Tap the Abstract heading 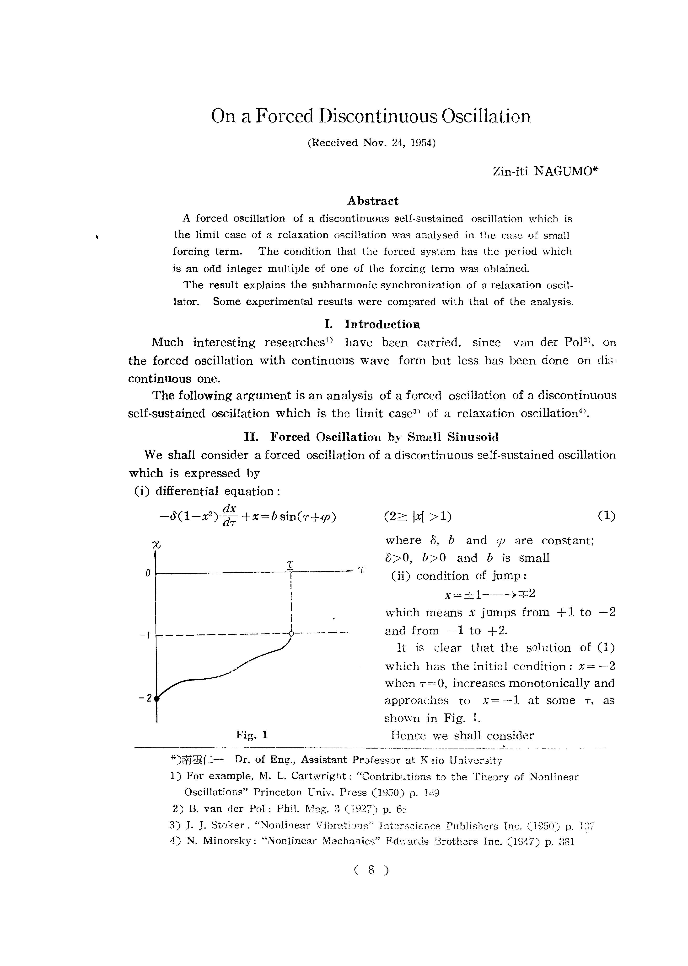point(373,201)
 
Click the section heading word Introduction point(382,325)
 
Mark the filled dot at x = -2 point(157,699)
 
